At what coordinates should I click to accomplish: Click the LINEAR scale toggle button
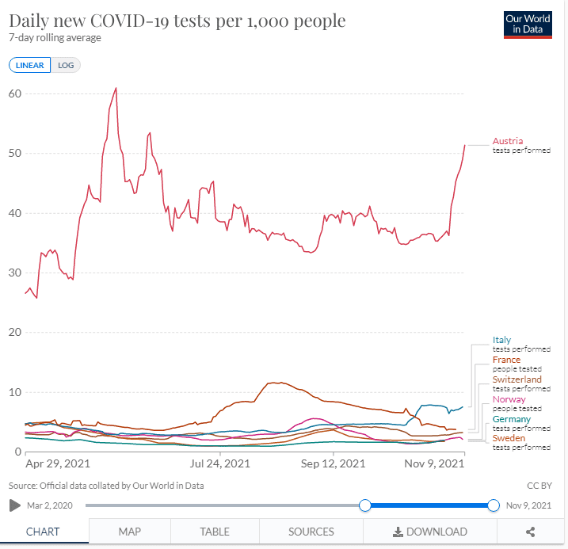(x=29, y=65)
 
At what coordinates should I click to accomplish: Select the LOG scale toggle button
(x=66, y=65)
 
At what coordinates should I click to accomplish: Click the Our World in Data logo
(x=527, y=25)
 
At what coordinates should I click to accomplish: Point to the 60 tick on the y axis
(x=15, y=93)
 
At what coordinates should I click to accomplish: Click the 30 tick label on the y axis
(x=15, y=273)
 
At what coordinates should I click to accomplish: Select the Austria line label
(x=508, y=141)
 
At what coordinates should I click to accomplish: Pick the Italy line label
(x=502, y=340)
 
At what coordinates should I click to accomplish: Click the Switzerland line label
(x=517, y=379)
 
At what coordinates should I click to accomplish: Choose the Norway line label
(x=509, y=399)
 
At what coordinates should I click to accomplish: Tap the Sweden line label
(x=509, y=438)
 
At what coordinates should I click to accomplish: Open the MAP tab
(x=129, y=532)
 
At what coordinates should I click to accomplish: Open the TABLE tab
(x=215, y=532)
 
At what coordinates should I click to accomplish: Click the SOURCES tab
(x=311, y=532)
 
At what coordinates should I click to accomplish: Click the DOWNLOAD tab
(x=430, y=532)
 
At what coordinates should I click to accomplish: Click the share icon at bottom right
(x=530, y=532)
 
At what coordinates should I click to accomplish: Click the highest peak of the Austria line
(x=116, y=88)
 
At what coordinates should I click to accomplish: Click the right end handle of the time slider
(x=494, y=505)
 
